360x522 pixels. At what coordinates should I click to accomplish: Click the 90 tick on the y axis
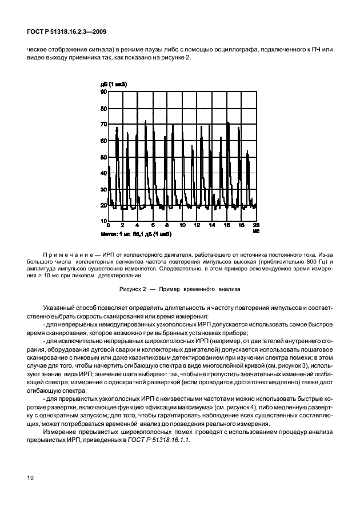point(103,91)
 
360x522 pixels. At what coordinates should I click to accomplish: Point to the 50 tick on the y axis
point(103,156)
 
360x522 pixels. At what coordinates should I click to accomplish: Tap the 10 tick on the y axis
point(103,221)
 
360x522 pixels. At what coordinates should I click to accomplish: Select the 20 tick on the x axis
point(256,225)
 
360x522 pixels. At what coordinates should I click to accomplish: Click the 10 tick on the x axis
point(182,225)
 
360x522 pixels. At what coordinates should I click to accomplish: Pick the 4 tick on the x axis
point(137,225)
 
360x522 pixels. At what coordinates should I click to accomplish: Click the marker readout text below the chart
point(136,234)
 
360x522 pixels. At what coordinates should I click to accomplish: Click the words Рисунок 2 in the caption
point(137,290)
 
